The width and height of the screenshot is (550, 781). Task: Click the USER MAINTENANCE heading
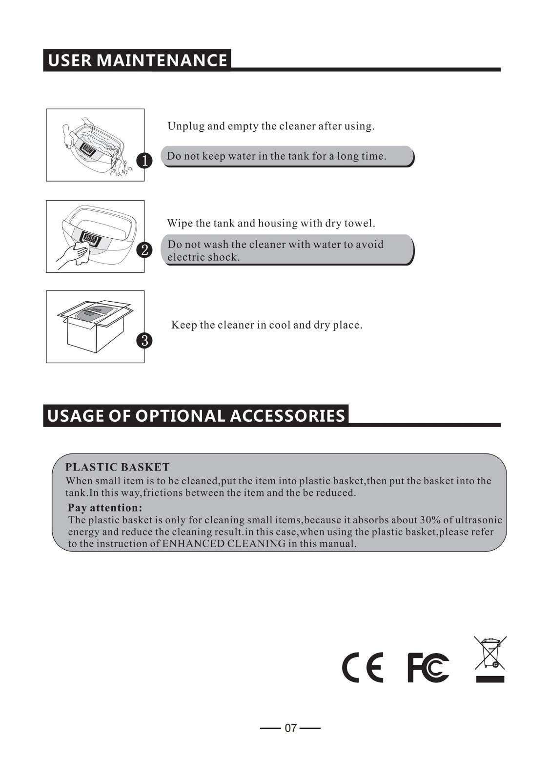pos(137,60)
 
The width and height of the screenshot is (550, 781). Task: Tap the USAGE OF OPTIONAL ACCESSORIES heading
pos(196,416)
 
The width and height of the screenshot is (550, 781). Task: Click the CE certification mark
pos(363,667)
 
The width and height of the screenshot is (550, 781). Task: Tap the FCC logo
pos(428,667)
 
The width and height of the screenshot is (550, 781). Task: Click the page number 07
pos(291,728)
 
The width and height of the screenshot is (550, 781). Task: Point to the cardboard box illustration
pos(95,326)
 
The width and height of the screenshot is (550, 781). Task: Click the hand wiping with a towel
pos(74,256)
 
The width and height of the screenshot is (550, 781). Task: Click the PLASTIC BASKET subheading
pos(118,467)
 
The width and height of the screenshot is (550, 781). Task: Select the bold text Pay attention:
pos(105,507)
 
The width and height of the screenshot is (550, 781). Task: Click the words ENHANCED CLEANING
pos(224,544)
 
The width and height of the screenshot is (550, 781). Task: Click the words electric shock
pos(204,257)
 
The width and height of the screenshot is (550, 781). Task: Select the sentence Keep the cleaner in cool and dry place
pos(267,325)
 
